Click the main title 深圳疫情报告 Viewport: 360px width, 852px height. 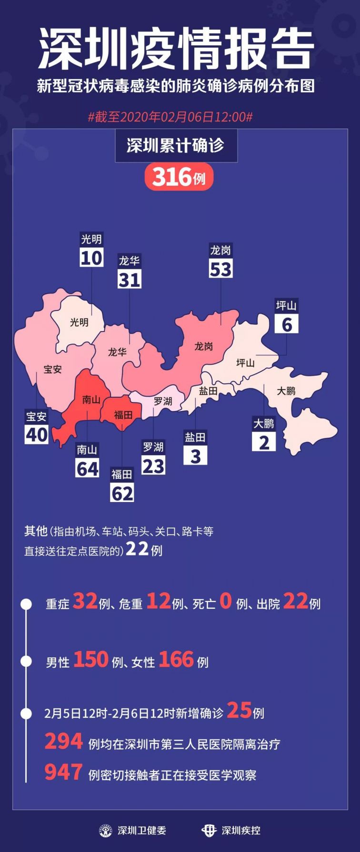(176, 49)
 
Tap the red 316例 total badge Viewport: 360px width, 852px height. (179, 177)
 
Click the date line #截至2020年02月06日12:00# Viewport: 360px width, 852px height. (170, 117)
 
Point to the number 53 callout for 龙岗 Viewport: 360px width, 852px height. (220, 269)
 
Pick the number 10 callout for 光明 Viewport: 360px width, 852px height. (91, 258)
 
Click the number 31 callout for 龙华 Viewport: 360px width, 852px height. (130, 280)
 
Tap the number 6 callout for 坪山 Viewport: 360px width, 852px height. (287, 324)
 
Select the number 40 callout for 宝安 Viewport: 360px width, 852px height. (37, 434)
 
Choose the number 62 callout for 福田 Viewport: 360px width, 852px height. (122, 493)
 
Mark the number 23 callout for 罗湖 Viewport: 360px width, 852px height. (153, 466)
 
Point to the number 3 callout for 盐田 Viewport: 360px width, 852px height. (195, 456)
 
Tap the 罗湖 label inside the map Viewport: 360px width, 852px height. (163, 401)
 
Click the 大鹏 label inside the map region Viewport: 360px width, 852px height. (286, 391)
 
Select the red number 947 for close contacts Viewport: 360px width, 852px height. (64, 772)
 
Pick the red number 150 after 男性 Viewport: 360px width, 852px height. (90, 660)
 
